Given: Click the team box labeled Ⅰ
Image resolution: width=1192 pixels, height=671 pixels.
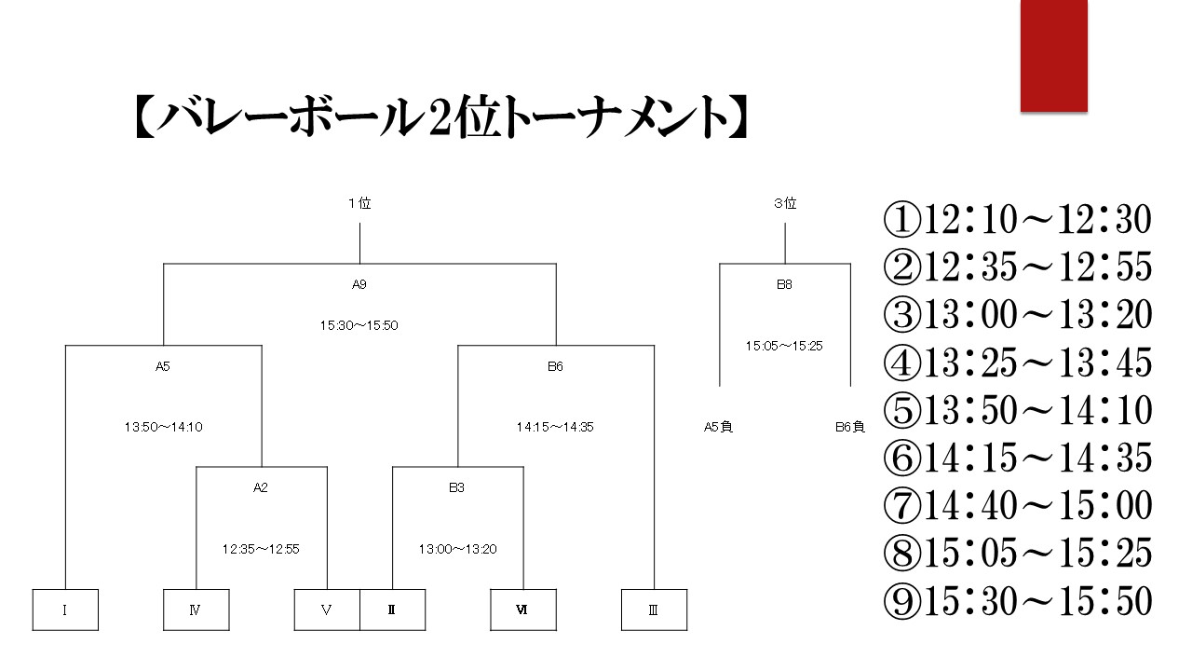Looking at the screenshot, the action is (x=65, y=609).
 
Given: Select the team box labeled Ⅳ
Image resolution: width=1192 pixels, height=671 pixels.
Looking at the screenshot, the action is (x=196, y=609).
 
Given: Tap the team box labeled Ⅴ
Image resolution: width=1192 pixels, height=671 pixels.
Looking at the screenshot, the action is (x=327, y=609).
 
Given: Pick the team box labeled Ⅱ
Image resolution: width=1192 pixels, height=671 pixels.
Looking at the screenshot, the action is (x=393, y=609).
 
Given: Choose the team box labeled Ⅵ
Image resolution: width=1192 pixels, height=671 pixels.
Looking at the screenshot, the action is (x=523, y=609).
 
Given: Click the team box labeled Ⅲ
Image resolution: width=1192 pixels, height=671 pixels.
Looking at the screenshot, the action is (x=654, y=609).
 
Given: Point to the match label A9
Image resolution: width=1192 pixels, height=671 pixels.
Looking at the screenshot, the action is (x=359, y=284).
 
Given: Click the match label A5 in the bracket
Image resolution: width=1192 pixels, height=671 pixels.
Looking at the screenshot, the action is (x=163, y=366).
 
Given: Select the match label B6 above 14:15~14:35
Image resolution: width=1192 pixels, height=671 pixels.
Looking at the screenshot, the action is (x=555, y=366).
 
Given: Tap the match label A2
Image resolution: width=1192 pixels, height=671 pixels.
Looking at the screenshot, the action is (x=260, y=487).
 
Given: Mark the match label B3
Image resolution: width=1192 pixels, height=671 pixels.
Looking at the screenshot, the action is (x=456, y=487).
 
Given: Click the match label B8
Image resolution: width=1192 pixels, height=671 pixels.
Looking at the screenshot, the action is (x=784, y=284).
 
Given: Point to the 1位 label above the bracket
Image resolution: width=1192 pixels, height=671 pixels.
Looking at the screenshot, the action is (x=359, y=203).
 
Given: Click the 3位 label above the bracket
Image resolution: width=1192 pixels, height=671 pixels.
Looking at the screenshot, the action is (x=785, y=203).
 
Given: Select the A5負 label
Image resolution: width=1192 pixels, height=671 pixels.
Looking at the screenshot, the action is (x=718, y=427).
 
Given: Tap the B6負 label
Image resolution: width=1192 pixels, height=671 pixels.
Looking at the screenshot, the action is (x=850, y=427).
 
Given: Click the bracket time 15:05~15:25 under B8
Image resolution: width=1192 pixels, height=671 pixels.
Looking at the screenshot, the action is (x=784, y=346).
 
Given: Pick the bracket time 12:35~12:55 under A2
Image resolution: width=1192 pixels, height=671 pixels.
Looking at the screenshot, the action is (x=261, y=549).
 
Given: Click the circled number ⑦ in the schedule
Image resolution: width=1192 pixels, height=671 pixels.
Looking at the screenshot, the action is (x=902, y=505).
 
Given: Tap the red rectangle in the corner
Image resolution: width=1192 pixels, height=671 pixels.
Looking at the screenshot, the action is (x=1053, y=55).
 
